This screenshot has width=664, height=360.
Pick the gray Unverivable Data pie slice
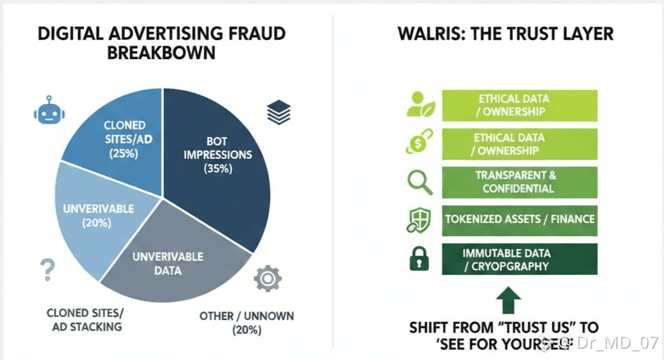tap(169, 264)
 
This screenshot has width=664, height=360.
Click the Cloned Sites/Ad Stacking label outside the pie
tap(84, 319)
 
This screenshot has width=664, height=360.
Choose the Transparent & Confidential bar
tap(519, 182)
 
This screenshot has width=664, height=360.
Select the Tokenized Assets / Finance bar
tap(519, 219)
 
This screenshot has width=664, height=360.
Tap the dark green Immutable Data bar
tap(519, 259)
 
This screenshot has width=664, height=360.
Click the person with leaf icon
tap(421, 105)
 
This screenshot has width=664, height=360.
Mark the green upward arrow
tap(509, 300)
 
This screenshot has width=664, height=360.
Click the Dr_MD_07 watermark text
tap(615, 343)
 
